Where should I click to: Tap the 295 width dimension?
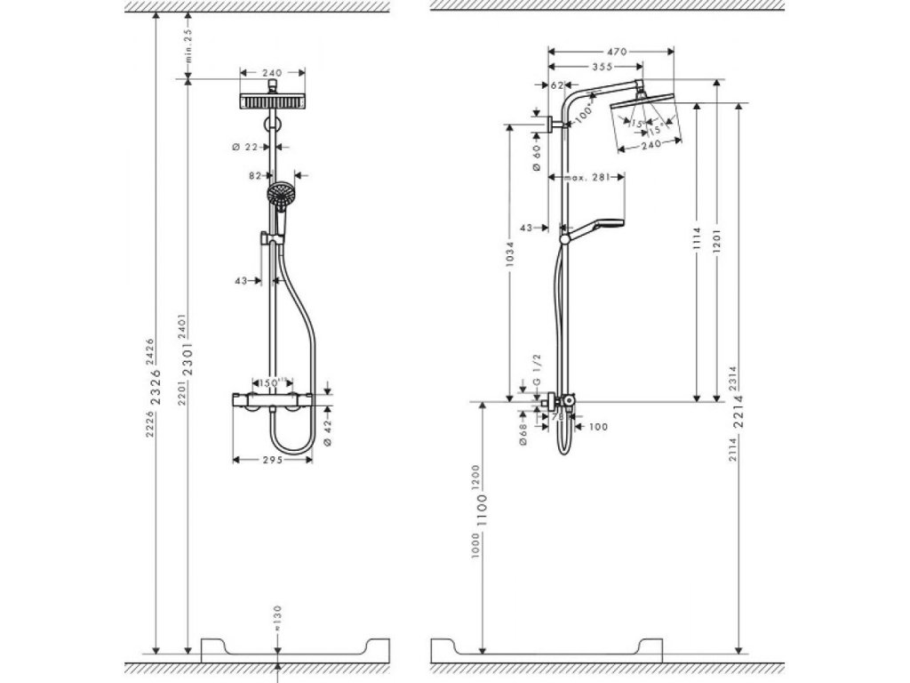(x=271, y=460)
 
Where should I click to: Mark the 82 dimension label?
(x=255, y=176)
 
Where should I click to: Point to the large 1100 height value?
(x=482, y=518)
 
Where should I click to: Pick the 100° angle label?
(x=582, y=115)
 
